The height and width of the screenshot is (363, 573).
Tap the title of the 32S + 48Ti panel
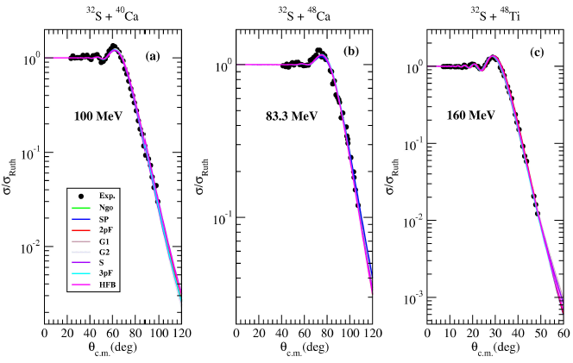coord(488,10)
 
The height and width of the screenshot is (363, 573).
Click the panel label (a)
coord(152,57)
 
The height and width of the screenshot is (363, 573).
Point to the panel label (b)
coord(351,53)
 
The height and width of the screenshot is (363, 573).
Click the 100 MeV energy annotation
coord(96,114)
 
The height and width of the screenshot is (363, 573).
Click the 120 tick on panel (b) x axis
coord(371,333)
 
